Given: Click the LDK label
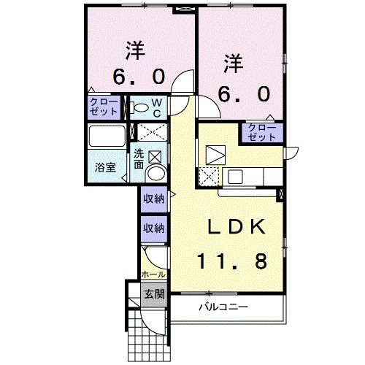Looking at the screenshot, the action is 236,226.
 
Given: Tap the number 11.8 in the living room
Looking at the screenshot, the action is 233,261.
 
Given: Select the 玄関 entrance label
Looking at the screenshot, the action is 154,294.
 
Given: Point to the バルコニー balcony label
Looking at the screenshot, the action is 223,307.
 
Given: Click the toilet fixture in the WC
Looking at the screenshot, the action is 139,107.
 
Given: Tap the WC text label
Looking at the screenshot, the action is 157,108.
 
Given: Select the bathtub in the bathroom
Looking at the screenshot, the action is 107,136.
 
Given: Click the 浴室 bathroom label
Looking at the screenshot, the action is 105,167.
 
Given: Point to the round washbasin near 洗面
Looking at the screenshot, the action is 155,173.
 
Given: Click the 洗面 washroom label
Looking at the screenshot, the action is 139,159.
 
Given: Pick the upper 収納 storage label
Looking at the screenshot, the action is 154,199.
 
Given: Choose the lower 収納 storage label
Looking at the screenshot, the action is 154,228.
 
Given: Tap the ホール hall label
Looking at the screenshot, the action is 153,274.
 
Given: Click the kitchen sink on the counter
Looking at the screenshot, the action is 235,177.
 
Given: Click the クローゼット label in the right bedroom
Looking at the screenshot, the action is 262,132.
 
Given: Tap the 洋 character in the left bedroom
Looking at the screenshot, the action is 135,50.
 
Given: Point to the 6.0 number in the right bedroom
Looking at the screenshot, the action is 244,94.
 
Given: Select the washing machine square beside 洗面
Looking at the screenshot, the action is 155,157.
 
